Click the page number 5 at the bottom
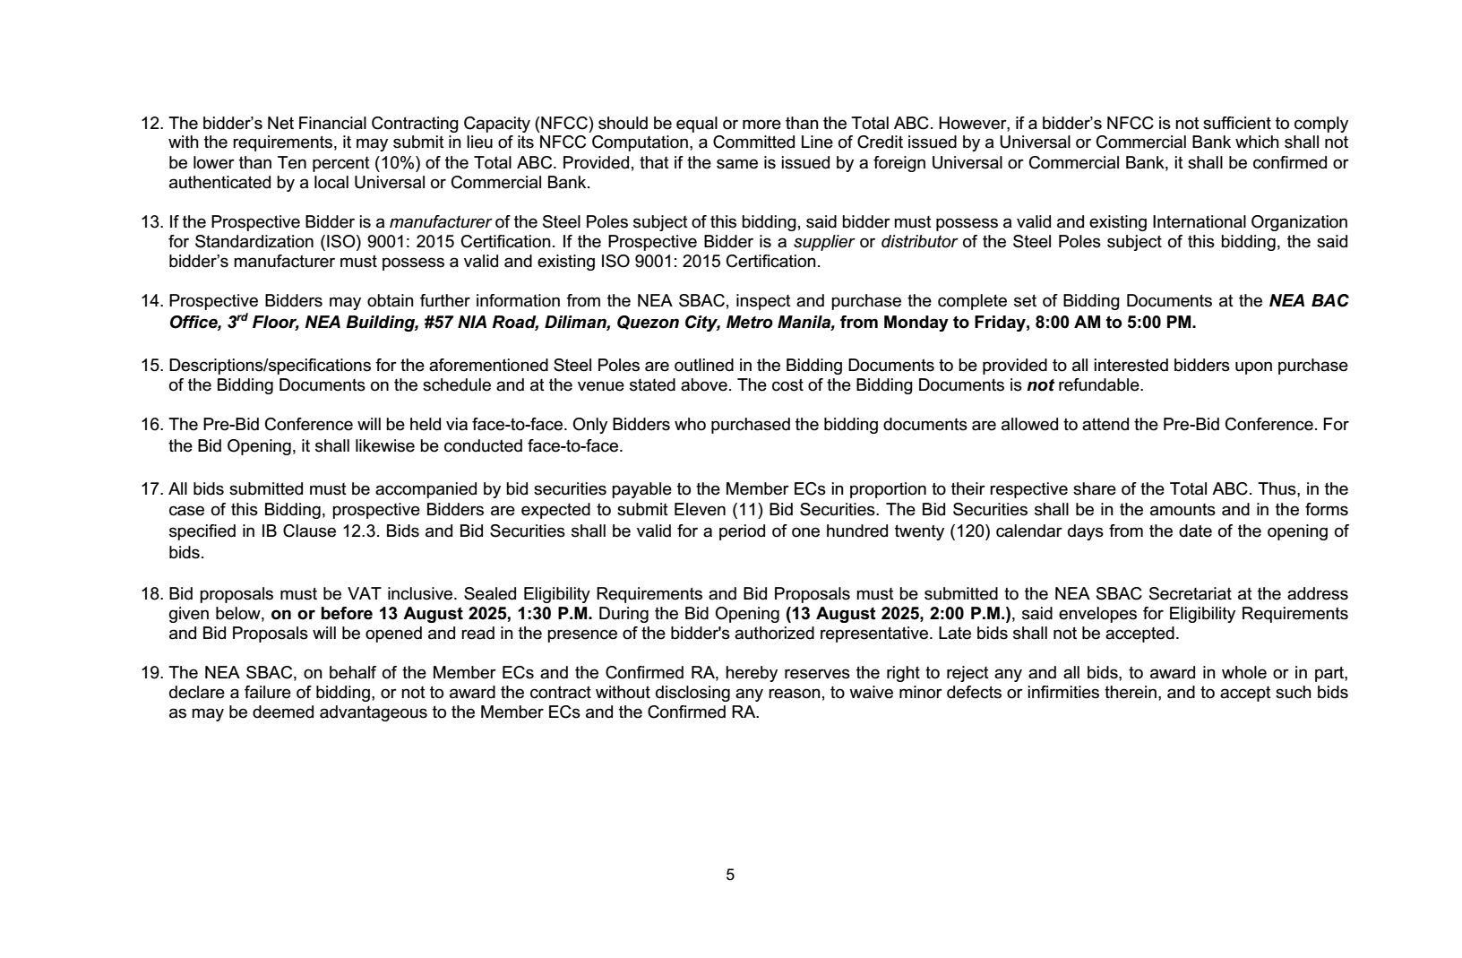730,875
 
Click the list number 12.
150,124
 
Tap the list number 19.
150,673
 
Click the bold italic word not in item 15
1039,385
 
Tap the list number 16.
150,425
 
